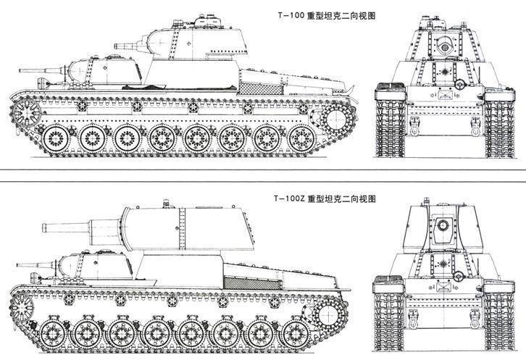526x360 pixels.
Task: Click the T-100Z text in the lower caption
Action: coord(288,198)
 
